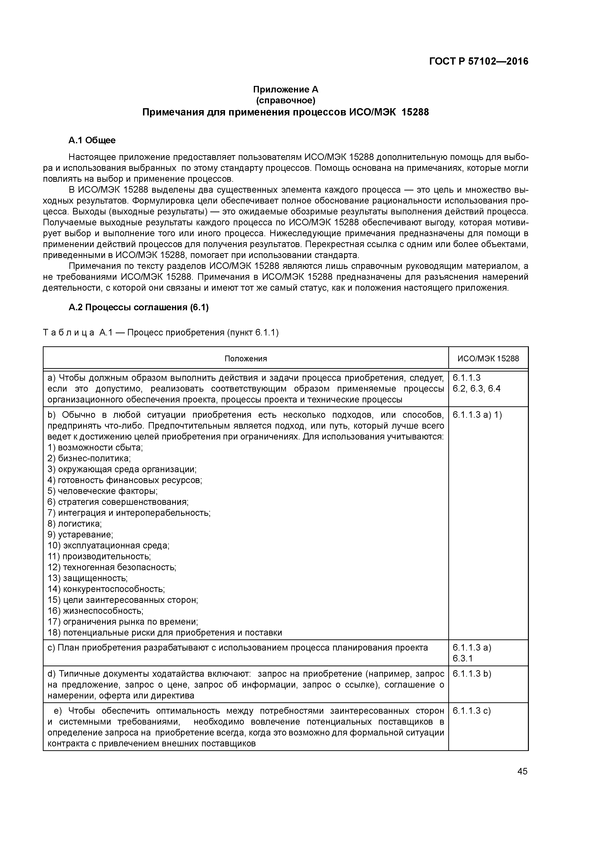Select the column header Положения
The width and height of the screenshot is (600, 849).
click(246, 358)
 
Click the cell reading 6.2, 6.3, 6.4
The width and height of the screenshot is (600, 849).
click(476, 389)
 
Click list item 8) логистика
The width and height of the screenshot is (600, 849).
click(75, 523)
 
